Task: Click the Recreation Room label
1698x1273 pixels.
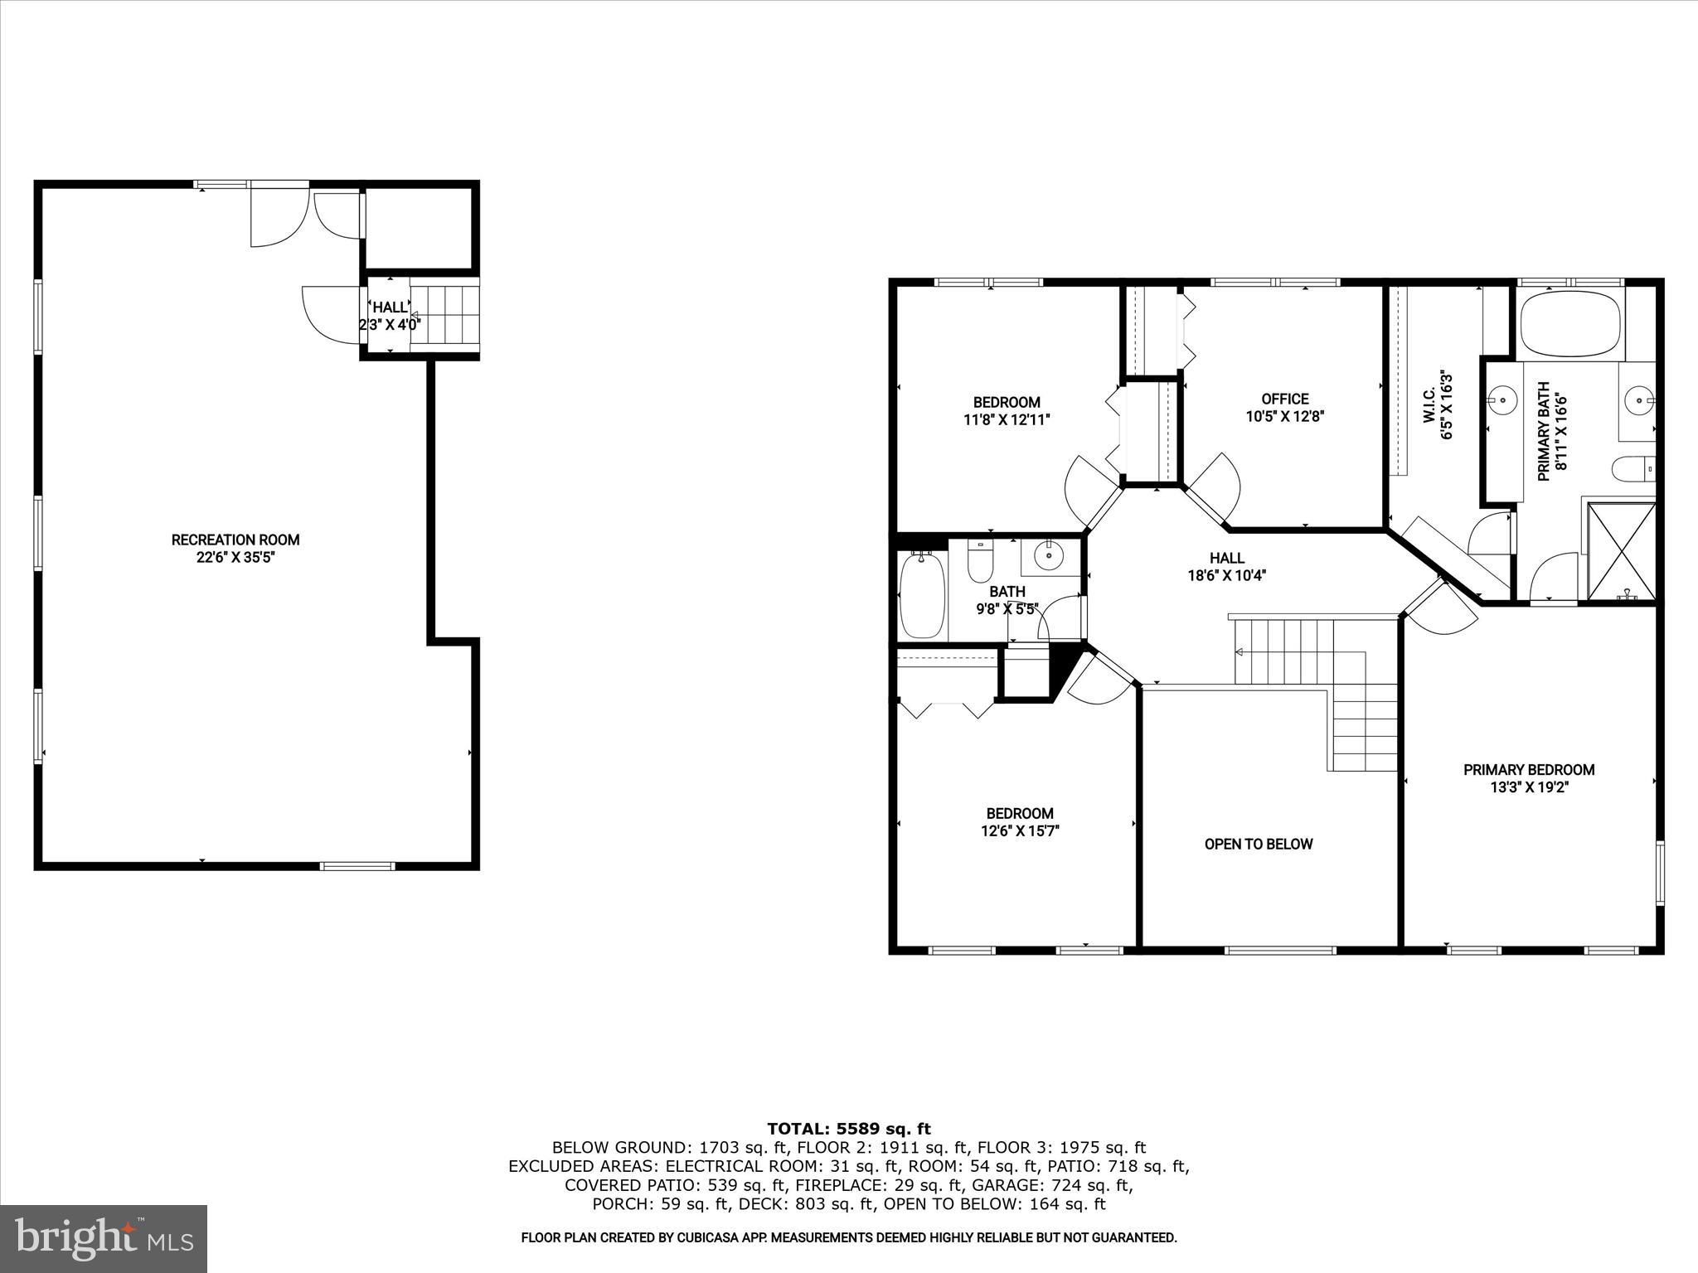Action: (235, 540)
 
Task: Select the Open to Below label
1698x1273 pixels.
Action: (1258, 844)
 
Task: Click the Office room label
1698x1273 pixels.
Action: (1284, 399)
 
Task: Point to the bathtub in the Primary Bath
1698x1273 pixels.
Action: (1570, 323)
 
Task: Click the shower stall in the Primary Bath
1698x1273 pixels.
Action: (1620, 550)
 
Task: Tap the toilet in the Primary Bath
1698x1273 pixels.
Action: (1632, 470)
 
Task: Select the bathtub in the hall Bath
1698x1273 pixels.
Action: (922, 595)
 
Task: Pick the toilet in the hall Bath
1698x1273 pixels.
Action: (980, 561)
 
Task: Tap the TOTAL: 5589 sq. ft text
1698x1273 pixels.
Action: (848, 1129)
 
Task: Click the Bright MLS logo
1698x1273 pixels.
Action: (104, 1239)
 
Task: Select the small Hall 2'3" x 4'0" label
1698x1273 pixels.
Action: (390, 316)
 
